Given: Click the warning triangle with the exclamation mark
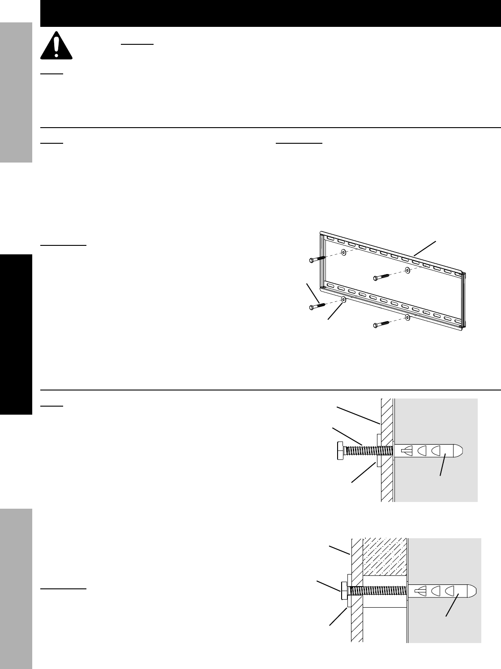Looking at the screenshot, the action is coord(56,45).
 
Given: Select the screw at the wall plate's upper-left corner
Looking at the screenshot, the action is coord(317,259).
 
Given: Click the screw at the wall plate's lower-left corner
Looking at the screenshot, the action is coord(317,306).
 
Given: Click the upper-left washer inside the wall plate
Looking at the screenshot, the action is coord(343,252).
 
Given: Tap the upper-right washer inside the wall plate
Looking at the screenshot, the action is coord(407,270).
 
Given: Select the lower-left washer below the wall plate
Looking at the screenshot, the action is coord(343,299).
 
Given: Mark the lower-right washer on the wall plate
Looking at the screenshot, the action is coord(407,317).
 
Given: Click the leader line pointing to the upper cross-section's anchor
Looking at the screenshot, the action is coord(443,466).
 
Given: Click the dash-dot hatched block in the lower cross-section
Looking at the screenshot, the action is coord(385,557).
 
